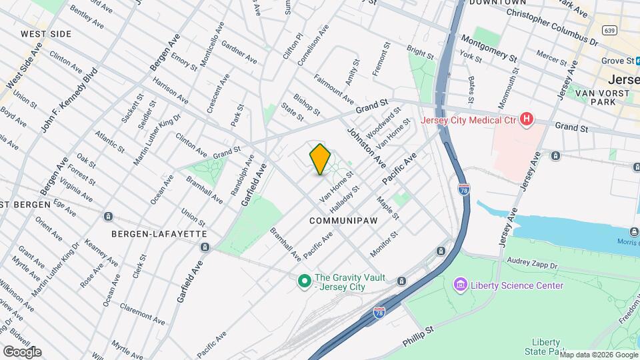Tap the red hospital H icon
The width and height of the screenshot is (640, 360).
(x=527, y=120)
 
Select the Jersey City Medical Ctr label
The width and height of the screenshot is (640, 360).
(x=469, y=121)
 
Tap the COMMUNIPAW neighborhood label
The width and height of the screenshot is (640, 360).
(x=343, y=219)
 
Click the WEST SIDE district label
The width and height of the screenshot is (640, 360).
(x=46, y=33)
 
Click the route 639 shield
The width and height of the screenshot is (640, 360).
(x=608, y=30)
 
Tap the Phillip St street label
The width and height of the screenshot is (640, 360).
(x=419, y=335)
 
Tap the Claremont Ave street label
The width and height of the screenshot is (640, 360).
(x=142, y=314)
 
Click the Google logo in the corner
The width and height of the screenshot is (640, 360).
(x=22, y=351)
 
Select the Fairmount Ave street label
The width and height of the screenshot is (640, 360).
(x=333, y=88)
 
